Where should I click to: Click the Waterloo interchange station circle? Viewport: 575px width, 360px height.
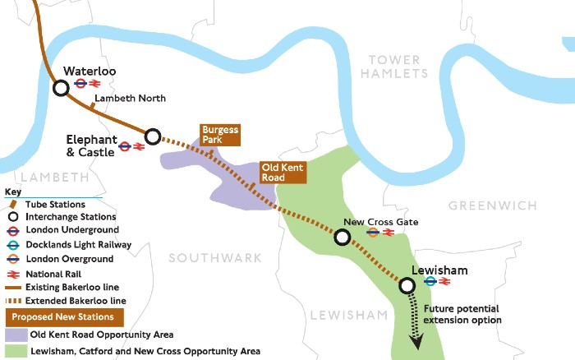61,88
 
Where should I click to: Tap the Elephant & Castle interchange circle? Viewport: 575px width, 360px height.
152,136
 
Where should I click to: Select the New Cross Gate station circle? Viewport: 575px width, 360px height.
342,238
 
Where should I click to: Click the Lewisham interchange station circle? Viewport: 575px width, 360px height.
407,286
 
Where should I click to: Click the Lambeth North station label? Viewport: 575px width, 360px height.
130,99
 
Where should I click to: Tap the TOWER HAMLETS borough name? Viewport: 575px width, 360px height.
398,66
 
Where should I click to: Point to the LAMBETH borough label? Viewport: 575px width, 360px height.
53,178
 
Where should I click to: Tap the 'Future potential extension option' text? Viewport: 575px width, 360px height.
462,314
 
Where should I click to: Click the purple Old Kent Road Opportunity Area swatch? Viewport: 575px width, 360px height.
14,335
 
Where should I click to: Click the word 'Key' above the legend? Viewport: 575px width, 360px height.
13,192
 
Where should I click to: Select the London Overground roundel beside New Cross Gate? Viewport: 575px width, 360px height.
373,233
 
